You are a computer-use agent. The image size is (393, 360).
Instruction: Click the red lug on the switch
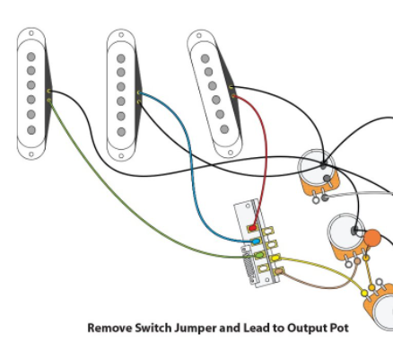[x=253, y=228]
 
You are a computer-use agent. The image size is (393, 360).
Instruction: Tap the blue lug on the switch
[x=257, y=241]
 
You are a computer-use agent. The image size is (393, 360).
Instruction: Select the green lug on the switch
[x=259, y=255]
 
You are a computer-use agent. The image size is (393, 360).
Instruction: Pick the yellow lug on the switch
[x=275, y=258]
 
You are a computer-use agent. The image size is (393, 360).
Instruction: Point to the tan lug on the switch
[x=279, y=271]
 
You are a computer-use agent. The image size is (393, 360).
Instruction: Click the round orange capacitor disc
[x=372, y=238]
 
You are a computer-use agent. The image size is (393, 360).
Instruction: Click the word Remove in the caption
[x=109, y=328]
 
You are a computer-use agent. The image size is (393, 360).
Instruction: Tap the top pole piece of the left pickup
[x=31, y=57]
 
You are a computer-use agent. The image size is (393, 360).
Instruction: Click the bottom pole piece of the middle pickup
[x=121, y=132]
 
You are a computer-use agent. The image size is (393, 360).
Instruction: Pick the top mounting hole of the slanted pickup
[x=199, y=36]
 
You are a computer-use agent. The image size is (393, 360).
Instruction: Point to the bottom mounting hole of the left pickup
[x=31, y=154]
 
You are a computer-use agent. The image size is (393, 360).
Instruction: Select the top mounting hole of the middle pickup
[x=121, y=35]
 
